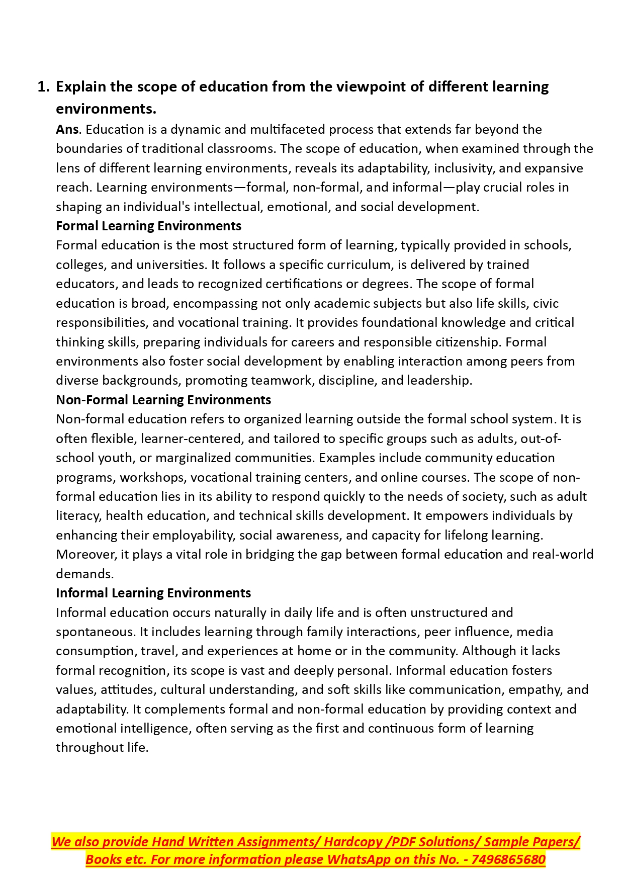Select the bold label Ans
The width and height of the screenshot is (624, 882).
67,130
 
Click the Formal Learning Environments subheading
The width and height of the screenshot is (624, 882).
148,226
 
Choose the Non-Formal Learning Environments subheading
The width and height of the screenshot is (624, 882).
163,400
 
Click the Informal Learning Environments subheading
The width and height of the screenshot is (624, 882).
153,593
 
